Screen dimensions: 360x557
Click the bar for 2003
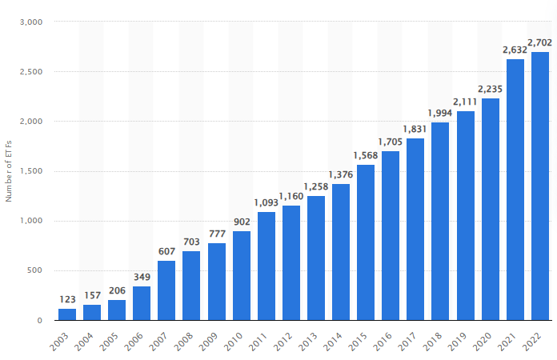click(x=67, y=314)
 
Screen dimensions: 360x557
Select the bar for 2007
click(x=166, y=290)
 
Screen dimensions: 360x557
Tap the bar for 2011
click(x=266, y=266)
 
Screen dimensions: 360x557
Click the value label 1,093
click(x=266, y=202)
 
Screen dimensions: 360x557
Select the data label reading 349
click(x=142, y=276)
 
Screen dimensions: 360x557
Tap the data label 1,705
click(x=391, y=141)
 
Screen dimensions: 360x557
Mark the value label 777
click(x=216, y=234)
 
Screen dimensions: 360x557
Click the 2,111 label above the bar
click(x=466, y=101)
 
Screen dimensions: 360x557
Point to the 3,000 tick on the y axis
click(x=30, y=22)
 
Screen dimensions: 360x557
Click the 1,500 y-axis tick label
click(x=30, y=171)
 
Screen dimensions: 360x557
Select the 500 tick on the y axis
click(x=33, y=271)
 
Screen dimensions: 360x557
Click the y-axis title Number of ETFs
click(x=9, y=171)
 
